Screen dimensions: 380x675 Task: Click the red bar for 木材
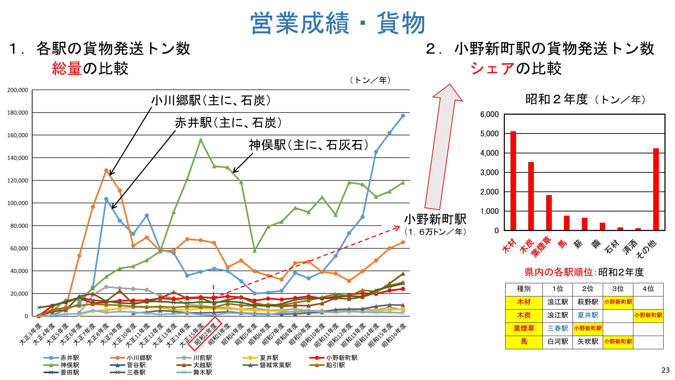click(x=513, y=181)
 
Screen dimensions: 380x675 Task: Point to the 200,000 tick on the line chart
click(x=18, y=90)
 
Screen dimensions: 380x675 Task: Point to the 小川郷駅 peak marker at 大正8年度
click(x=106, y=170)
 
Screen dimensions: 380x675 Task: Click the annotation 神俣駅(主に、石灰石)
click(x=308, y=145)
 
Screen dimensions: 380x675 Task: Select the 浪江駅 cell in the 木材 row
click(x=558, y=302)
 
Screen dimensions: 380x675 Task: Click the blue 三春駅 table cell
click(x=558, y=328)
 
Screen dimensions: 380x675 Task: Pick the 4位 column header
click(x=648, y=289)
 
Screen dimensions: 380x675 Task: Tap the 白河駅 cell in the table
click(x=558, y=341)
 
